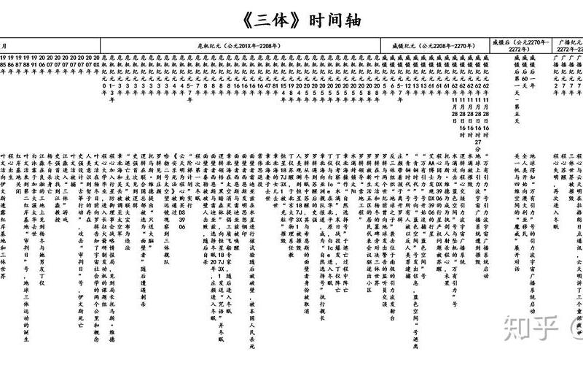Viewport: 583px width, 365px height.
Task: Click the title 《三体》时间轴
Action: pos(291,18)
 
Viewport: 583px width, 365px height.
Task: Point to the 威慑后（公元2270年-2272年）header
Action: pos(518,41)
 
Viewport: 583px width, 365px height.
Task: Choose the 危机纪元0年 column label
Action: pos(105,69)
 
